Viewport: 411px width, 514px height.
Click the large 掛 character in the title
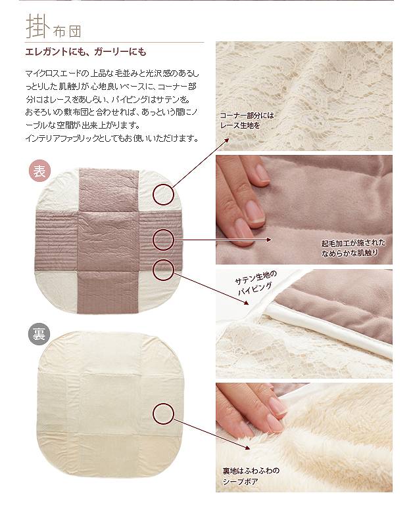[37, 26]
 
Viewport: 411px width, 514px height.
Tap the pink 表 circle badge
[39, 171]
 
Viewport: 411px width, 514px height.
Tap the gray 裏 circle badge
[39, 334]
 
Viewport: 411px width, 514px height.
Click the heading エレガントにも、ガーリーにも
[85, 52]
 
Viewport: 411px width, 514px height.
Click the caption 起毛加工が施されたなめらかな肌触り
[353, 248]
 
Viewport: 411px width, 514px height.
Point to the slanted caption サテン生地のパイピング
[255, 282]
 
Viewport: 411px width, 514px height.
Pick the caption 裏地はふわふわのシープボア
[251, 477]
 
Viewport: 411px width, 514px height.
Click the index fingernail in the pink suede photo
[253, 211]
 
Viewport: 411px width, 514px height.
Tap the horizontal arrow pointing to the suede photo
[222, 240]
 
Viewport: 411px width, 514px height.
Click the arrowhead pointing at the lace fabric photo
[226, 140]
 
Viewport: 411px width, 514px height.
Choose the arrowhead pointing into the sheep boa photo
[247, 447]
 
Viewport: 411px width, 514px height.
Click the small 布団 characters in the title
[67, 32]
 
